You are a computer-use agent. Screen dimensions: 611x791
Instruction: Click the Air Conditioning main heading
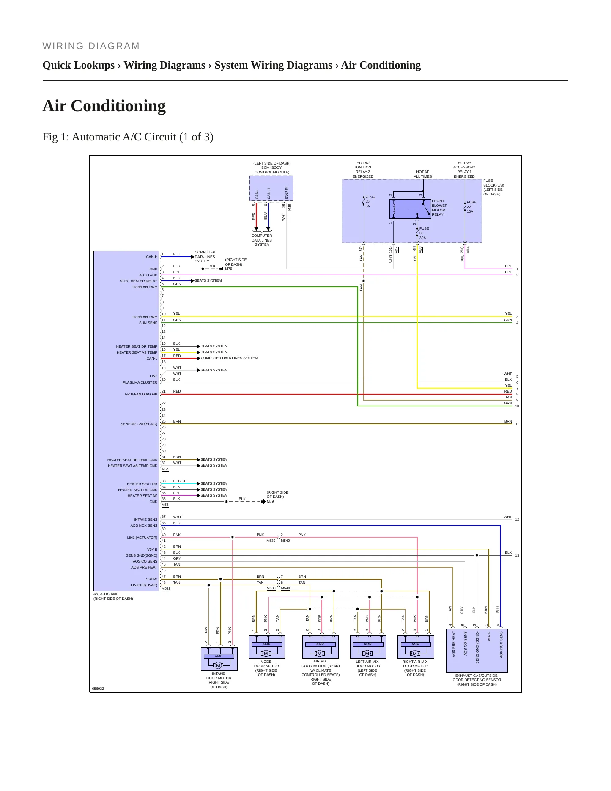(104, 106)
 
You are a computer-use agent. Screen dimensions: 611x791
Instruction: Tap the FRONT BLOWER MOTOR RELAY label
(439, 208)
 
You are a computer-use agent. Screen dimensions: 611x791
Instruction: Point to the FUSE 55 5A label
(370, 201)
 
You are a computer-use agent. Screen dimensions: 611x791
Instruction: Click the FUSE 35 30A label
(424, 233)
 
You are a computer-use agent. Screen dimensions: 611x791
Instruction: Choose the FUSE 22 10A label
(471, 207)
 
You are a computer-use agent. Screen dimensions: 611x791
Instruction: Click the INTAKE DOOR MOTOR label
(219, 680)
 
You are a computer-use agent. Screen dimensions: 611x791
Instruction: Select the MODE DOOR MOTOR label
(266, 668)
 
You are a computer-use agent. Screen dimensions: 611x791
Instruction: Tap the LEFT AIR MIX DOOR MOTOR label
(367, 668)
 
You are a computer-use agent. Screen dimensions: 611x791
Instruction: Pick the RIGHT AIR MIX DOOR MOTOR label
(415, 668)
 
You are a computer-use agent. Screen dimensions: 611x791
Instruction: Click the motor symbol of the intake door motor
(219, 665)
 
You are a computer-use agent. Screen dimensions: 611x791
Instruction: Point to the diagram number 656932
(98, 689)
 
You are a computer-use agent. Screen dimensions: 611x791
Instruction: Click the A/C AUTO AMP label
(106, 594)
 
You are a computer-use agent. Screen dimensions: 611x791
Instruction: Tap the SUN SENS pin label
(148, 323)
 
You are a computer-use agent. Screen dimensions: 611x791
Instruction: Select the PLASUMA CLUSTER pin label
(140, 382)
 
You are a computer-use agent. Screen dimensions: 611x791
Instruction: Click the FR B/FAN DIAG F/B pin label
(141, 394)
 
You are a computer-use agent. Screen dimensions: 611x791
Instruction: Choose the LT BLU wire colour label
(179, 481)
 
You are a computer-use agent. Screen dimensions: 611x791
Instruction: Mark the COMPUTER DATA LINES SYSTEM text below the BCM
(262, 240)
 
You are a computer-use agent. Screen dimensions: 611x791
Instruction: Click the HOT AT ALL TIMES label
(423, 174)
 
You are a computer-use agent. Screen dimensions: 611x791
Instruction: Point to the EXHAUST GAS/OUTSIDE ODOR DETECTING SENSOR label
(477, 680)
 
